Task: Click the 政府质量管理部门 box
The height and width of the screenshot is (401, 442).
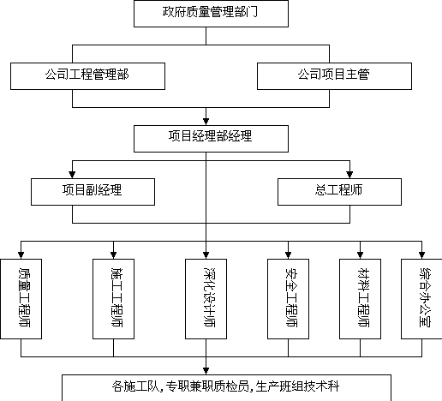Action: click(211, 14)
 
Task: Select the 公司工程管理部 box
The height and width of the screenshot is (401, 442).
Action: click(87, 76)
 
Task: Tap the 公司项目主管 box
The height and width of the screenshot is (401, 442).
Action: click(334, 76)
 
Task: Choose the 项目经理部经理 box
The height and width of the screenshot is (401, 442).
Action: click(211, 139)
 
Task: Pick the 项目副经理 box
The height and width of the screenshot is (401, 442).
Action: click(93, 192)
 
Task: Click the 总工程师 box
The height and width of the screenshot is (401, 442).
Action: click(339, 192)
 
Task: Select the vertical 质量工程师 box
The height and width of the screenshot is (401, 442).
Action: click(21, 299)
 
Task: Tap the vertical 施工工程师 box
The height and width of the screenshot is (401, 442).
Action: click(113, 299)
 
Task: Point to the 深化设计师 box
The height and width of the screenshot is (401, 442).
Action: click(206, 299)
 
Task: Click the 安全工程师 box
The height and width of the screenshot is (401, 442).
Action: click(288, 299)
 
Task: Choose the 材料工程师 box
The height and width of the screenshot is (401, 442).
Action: click(360, 299)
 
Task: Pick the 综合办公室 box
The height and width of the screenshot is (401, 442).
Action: click(421, 299)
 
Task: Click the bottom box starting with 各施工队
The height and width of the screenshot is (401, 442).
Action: click(226, 387)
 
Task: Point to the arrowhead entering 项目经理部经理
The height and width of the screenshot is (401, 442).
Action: click(206, 122)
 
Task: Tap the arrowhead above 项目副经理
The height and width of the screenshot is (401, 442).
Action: click(72, 175)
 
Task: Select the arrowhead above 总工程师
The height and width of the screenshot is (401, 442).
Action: click(349, 175)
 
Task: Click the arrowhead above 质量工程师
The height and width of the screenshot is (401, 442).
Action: click(21, 255)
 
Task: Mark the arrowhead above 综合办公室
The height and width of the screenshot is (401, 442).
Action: click(421, 255)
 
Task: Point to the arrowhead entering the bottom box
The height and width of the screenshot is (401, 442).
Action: click(206, 371)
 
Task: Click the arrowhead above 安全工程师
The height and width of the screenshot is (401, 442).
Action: click(288, 255)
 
